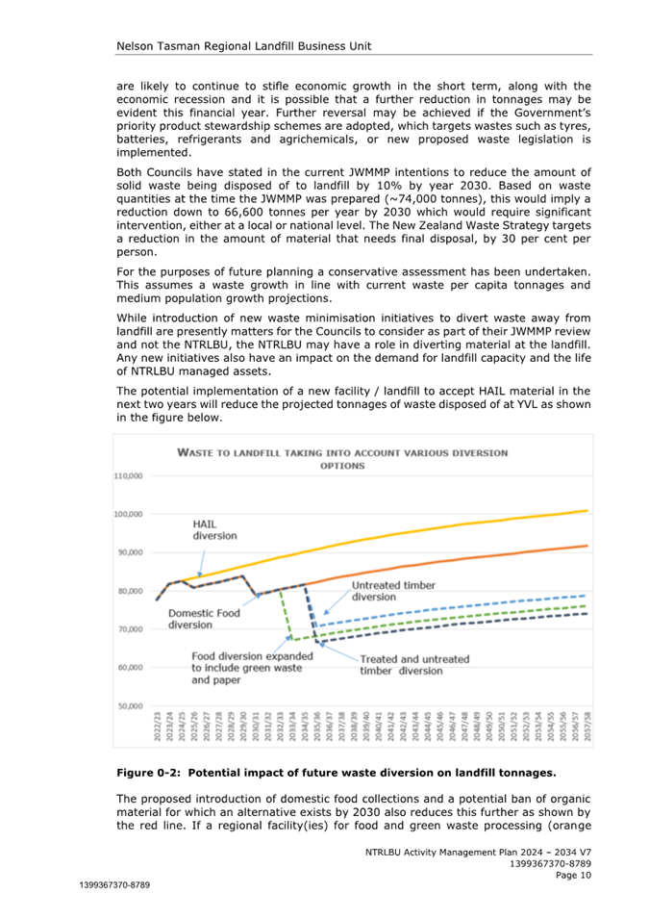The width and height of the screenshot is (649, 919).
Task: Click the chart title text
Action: [343, 458]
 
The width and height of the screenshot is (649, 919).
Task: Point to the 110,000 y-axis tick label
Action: [129, 476]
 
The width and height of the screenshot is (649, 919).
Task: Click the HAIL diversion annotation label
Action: [214, 530]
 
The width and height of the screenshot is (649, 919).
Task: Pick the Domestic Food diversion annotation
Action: [205, 619]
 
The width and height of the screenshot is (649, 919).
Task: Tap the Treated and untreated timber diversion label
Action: [413, 666]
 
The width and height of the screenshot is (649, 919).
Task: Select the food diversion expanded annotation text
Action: [246, 668]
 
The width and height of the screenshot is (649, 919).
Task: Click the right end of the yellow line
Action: [587, 511]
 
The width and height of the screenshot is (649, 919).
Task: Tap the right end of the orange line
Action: [587, 546]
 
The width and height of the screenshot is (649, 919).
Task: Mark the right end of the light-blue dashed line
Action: [587, 595]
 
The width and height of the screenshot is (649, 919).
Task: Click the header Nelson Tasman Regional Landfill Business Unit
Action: [243, 45]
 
